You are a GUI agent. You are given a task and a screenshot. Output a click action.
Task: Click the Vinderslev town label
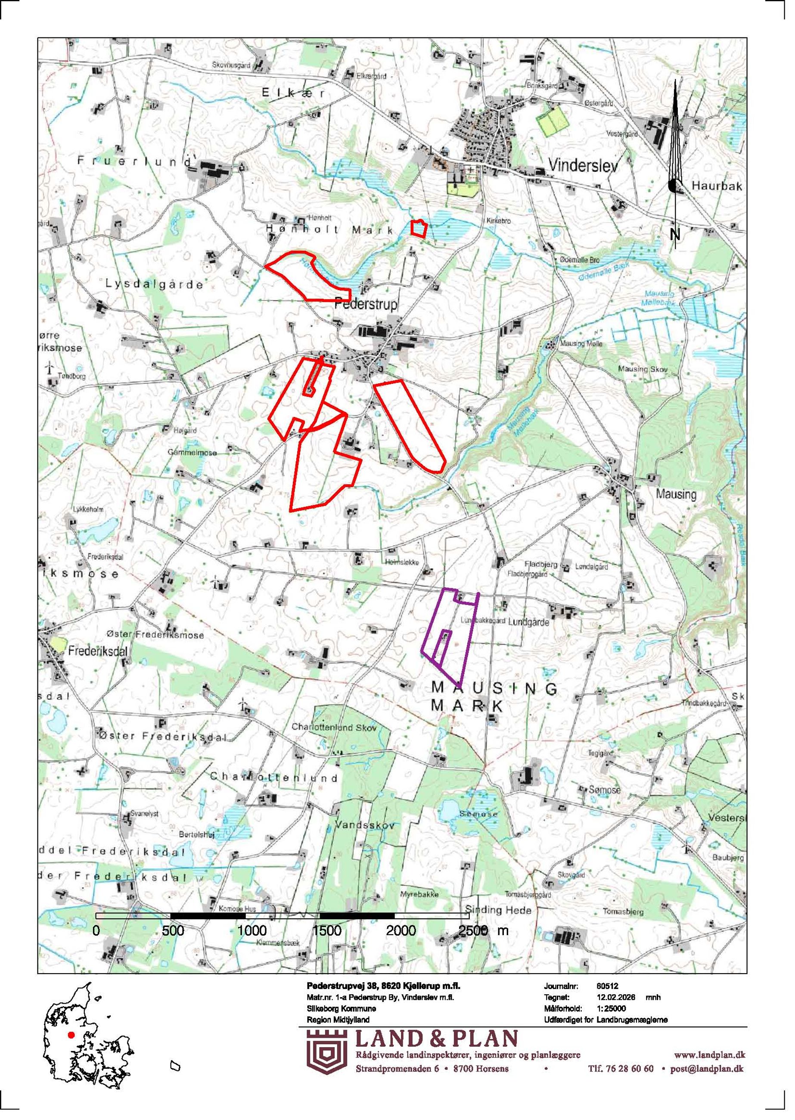[583, 165]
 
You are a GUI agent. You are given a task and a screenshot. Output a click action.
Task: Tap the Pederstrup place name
[366, 305]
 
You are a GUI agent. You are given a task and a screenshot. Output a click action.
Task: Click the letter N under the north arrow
[675, 234]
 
